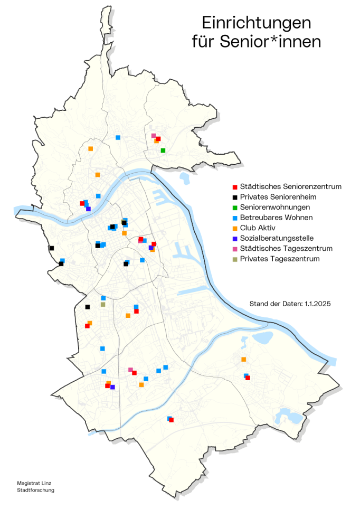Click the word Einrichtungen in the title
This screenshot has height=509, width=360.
coord(257,23)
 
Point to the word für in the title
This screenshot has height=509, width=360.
coord(205,42)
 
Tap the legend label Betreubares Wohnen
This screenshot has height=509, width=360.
coord(276,218)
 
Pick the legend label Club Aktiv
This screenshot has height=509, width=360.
coord(259,228)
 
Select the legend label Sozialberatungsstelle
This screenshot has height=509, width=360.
coord(277,238)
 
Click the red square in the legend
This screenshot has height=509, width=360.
coord(234,187)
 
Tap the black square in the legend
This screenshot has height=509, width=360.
coord(234,197)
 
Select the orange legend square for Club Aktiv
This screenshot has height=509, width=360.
coord(234,228)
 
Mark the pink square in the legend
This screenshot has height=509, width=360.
coord(234,249)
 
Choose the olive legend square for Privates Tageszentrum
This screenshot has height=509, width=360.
coord(234,259)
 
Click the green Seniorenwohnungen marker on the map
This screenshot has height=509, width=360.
coord(163,150)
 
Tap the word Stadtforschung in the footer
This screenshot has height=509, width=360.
coord(35,490)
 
